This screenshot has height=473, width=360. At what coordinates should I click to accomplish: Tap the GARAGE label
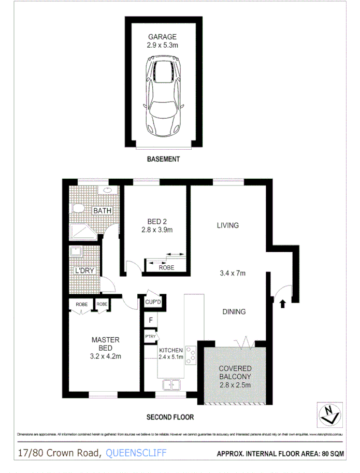[x=162, y=37]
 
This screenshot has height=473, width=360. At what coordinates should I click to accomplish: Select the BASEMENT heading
[x=163, y=159]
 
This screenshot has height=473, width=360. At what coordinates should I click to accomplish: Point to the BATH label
[x=102, y=211]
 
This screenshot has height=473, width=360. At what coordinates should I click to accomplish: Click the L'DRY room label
[x=83, y=271]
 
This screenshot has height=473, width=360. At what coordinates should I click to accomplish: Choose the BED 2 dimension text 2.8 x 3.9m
[x=156, y=230]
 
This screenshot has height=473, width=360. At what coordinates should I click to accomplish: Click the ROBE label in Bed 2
[x=166, y=267]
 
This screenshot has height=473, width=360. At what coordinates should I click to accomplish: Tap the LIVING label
[x=227, y=225]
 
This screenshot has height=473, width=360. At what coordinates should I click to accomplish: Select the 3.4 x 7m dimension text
[x=233, y=273]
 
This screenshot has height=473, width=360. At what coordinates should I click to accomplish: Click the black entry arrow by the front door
[x=282, y=303]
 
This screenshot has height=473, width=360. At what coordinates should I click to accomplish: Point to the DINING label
[x=234, y=312]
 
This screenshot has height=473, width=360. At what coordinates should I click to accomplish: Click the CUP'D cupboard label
[x=154, y=302]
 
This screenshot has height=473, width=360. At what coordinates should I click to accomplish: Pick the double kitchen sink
[x=170, y=384]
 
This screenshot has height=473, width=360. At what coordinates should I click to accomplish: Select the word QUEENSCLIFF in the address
[x=136, y=453]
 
